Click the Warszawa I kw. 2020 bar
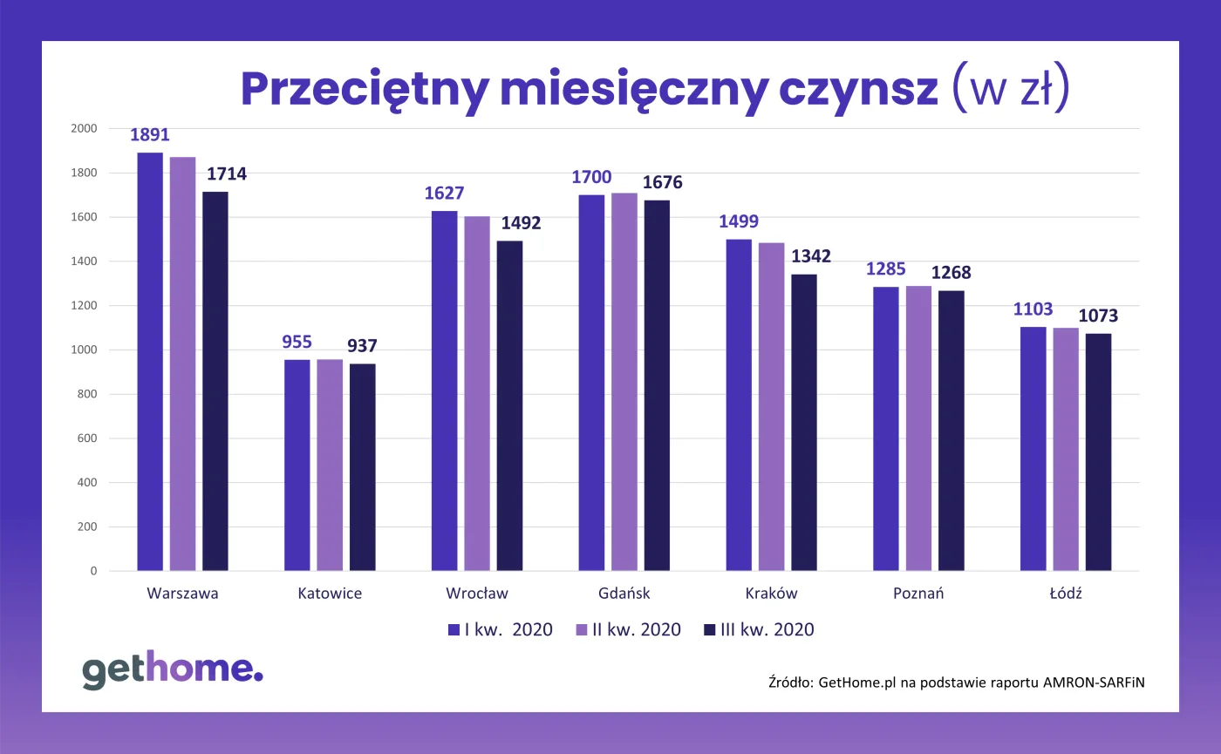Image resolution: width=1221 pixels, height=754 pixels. click(150, 362)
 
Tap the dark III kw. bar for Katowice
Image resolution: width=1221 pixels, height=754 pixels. click(362, 467)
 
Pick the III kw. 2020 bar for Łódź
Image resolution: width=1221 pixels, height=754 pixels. click(1098, 452)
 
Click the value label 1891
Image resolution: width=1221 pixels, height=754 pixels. click(150, 135)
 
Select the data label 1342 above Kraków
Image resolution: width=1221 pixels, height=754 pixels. click(811, 256)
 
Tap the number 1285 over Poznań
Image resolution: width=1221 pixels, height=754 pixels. click(887, 268)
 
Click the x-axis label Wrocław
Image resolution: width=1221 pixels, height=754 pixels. click(477, 594)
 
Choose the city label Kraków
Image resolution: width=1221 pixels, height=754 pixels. click(771, 594)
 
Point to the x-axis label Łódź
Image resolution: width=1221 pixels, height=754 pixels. click(1066, 594)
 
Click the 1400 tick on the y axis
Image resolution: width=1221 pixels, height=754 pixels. click(84, 262)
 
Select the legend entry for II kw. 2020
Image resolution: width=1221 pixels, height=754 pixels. click(628, 629)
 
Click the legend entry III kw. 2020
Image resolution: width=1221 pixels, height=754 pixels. click(759, 629)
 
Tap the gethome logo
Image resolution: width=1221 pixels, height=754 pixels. click(172, 669)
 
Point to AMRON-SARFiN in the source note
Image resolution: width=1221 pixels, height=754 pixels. click(1094, 683)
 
